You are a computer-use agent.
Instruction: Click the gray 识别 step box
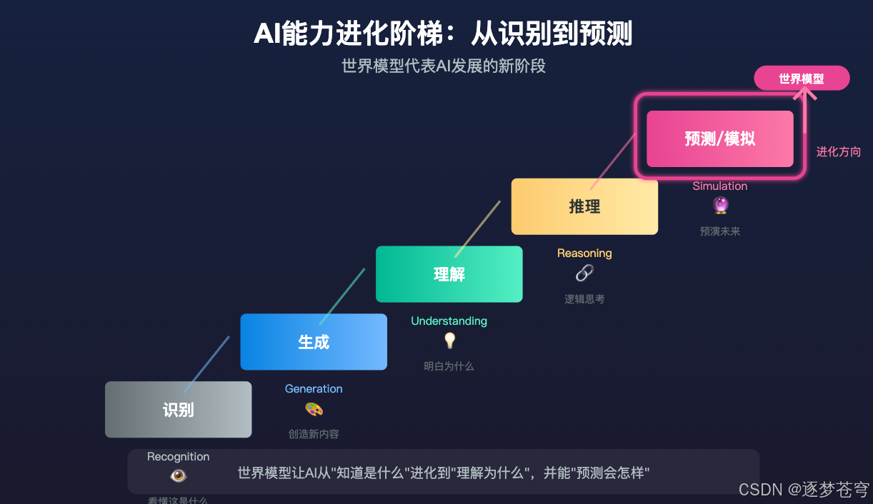point(178,410)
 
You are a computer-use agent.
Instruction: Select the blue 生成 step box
point(314,342)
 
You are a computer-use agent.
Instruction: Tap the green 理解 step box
point(449,274)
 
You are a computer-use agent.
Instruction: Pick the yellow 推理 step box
point(584,206)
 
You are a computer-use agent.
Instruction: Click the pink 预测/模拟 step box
point(719,138)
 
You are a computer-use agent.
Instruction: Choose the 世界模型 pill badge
point(802,79)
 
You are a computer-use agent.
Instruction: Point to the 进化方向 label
point(839,152)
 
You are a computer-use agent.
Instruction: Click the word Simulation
point(720,186)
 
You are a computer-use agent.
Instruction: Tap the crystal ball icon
point(720,206)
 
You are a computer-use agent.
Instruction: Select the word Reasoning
point(584,253)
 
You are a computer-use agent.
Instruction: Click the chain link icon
point(584,273)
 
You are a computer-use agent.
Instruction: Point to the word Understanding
point(449,321)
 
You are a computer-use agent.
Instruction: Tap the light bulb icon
point(449,341)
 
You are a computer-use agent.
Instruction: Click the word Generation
point(314,389)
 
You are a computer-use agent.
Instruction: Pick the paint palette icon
point(314,409)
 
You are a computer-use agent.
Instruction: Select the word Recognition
point(178,457)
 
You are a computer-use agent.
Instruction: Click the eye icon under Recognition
point(178,475)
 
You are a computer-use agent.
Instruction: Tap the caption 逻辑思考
point(584,299)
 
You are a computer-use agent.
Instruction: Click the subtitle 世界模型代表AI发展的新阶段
point(443,66)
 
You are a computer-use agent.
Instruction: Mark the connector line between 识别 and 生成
point(206,364)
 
